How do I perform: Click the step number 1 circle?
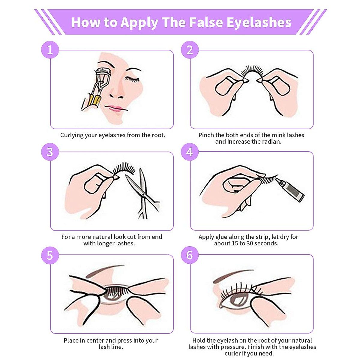click(x=50, y=50)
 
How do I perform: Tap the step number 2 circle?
click(x=190, y=50)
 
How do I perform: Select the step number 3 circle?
click(x=50, y=152)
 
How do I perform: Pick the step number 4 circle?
click(x=190, y=152)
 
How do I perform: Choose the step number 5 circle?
click(x=50, y=255)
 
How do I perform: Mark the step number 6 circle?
click(x=190, y=255)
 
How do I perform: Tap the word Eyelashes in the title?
click(x=259, y=22)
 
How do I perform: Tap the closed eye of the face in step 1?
click(x=132, y=79)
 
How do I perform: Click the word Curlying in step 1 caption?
click(x=72, y=135)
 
